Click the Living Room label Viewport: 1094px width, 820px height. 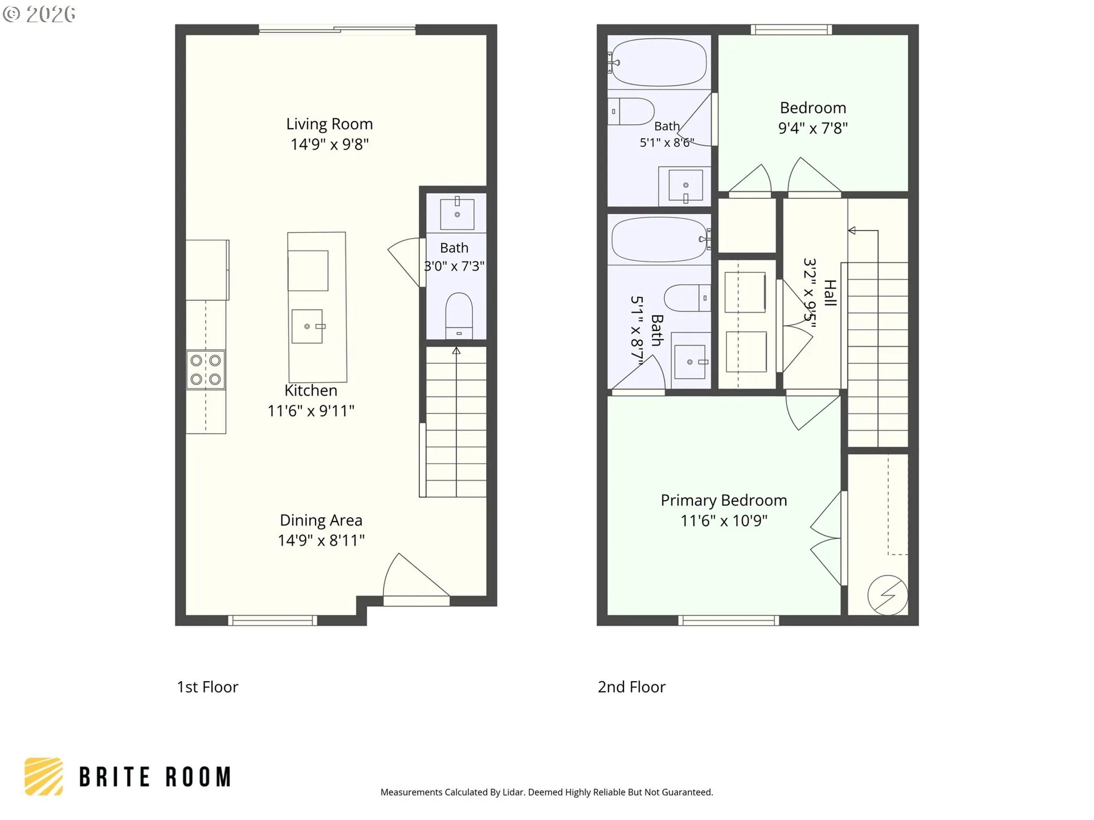329,124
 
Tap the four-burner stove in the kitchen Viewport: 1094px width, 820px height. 206,370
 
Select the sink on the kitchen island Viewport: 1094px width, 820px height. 308,326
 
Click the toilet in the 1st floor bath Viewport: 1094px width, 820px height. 459,316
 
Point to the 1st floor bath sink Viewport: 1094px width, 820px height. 457,214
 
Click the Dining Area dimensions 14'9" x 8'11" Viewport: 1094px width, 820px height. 321,540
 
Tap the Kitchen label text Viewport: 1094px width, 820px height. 311,391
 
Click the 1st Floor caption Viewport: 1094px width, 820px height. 207,687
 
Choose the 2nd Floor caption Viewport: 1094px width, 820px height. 631,687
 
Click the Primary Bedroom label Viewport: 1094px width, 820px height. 724,501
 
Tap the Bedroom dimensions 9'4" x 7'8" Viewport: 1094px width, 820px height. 813,128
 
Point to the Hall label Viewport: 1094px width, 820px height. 830,293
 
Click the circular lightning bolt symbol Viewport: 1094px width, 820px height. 888,595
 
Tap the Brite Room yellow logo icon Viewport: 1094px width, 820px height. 44,777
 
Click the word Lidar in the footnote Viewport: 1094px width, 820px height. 513,792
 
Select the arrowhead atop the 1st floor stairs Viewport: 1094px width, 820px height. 456,351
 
